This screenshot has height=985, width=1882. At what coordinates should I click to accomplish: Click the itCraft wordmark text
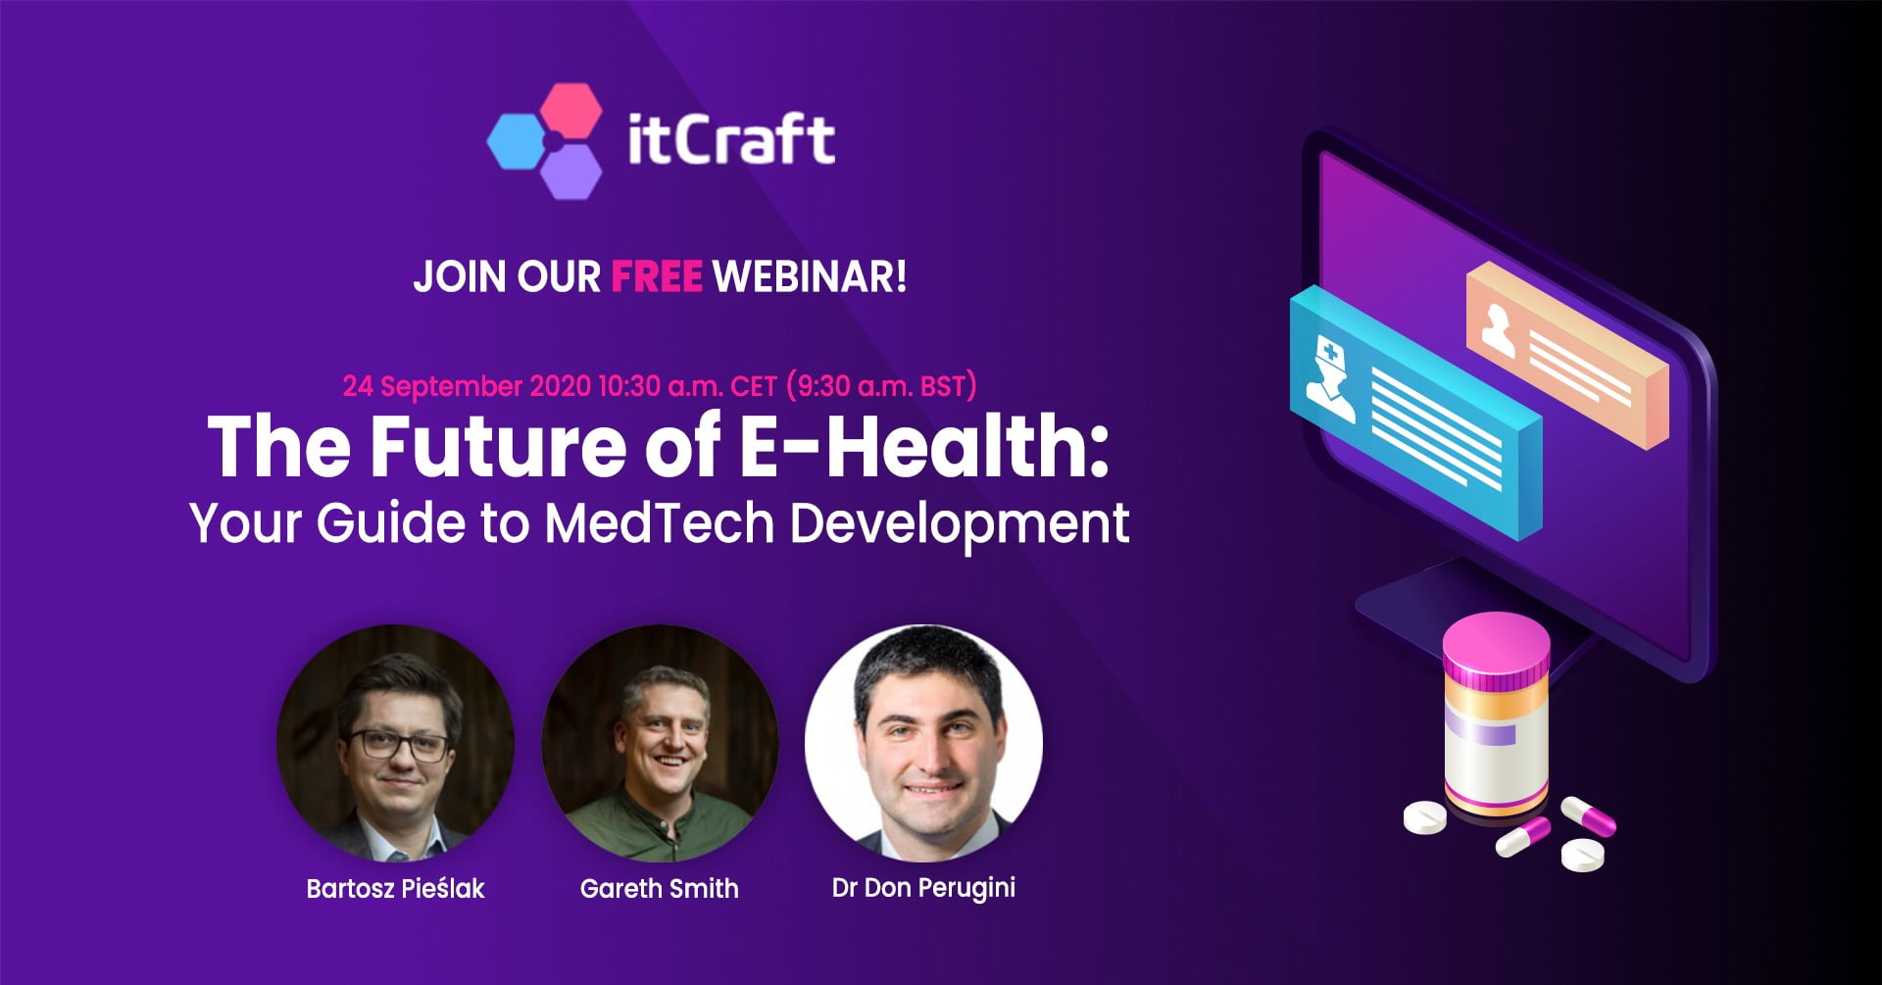coord(730,139)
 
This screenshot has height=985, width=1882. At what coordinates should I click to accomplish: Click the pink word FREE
coord(657,276)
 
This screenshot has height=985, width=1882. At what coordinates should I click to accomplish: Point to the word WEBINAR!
coord(810,276)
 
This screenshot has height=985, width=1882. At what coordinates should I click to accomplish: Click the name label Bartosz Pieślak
coord(395,888)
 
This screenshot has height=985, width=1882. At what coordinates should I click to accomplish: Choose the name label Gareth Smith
coord(660,888)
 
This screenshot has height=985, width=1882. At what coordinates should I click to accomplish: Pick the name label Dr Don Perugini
coord(923,888)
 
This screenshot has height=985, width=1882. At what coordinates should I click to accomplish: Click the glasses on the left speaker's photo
coord(400,745)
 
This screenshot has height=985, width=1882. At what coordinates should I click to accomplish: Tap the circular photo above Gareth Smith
coord(660,743)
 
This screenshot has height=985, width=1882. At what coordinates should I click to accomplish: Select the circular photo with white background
coord(923,743)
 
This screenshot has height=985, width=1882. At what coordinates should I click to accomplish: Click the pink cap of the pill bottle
coord(1497,647)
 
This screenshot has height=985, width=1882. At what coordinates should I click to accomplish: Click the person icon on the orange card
coord(1498,329)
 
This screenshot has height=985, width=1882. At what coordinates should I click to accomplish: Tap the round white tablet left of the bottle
coord(1424,816)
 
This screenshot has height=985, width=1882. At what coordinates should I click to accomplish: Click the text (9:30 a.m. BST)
coord(882,386)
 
